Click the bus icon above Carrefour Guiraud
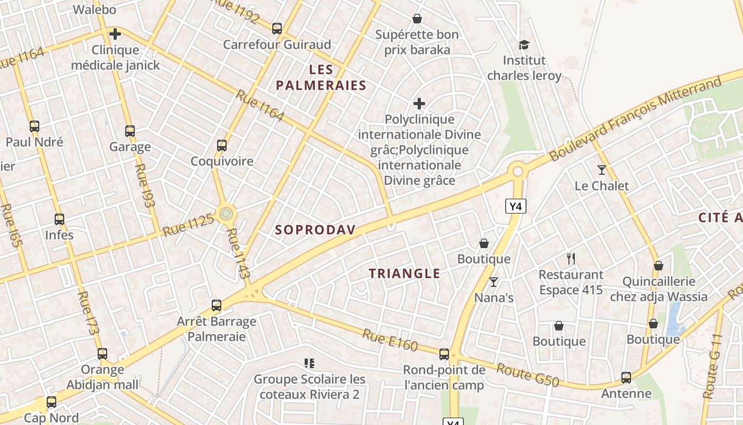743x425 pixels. click(x=277, y=29)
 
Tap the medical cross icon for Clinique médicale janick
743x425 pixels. click(x=115, y=35)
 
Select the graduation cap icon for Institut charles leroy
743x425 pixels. click(x=524, y=45)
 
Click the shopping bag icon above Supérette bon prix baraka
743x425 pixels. click(x=417, y=19)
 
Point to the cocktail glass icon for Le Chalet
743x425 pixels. click(x=601, y=170)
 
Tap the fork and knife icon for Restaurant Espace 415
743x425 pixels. click(x=571, y=259)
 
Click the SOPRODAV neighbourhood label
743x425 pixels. click(x=315, y=229)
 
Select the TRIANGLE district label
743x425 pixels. click(x=404, y=274)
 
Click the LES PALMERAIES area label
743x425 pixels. click(x=321, y=77)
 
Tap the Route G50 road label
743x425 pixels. click(x=528, y=375)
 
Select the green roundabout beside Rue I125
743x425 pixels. click(x=227, y=214)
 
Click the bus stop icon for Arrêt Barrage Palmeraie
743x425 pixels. click(x=217, y=305)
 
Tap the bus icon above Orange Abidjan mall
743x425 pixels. click(x=102, y=354)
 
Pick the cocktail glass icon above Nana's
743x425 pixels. click(x=494, y=282)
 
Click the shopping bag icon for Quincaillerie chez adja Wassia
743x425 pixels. click(x=658, y=266)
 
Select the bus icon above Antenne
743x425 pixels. click(x=626, y=378)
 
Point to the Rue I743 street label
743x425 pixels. click(x=237, y=253)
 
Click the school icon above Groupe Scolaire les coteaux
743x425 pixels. click(x=309, y=363)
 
